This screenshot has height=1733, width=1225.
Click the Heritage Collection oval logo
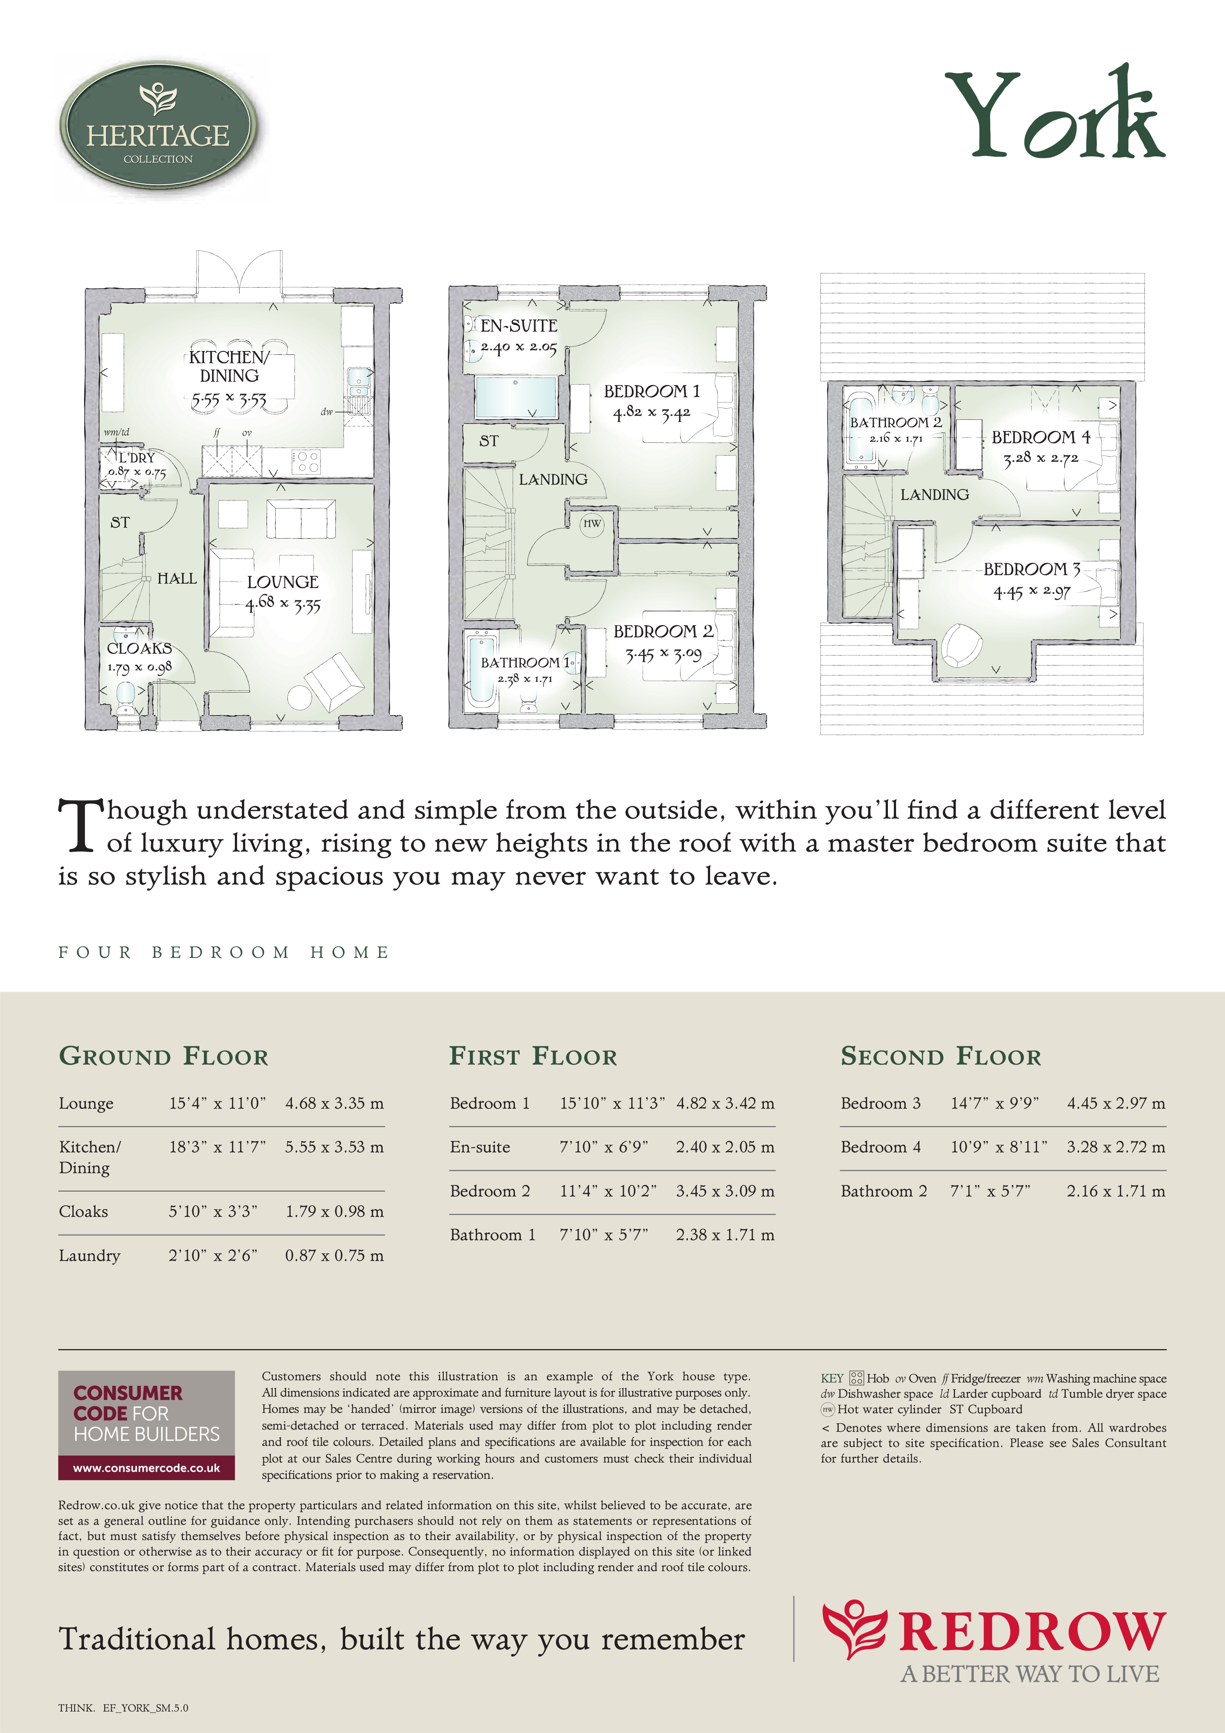point(159,125)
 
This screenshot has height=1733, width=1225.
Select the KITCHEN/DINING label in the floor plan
point(229,366)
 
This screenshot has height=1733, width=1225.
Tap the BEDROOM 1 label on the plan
point(651,391)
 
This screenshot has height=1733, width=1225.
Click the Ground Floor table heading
point(163,1056)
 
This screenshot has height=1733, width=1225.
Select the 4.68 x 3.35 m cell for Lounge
point(334,1103)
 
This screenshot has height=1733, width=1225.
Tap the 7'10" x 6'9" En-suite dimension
point(604,1147)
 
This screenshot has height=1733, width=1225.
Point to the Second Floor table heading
point(941,1056)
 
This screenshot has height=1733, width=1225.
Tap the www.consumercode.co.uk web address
point(146,1468)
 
